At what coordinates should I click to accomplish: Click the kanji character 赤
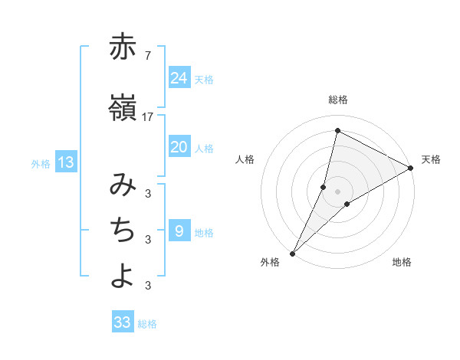tap(123, 47)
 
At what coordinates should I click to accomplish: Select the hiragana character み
tap(123, 185)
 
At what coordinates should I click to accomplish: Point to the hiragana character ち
tap(123, 230)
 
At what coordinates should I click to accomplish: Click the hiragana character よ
tap(123, 276)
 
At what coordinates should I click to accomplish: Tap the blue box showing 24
tap(179, 78)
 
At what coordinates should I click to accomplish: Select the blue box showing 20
tap(179, 147)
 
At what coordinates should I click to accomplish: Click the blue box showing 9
tap(179, 231)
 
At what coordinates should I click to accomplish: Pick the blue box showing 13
tap(65, 162)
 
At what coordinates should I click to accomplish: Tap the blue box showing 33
tap(122, 322)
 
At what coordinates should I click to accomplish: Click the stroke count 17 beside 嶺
tap(148, 117)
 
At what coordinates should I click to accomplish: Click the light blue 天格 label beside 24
tap(204, 80)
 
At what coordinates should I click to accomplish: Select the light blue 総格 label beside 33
tap(147, 324)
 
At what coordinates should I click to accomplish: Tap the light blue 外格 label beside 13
tap(41, 163)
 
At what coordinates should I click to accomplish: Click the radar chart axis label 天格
tap(431, 159)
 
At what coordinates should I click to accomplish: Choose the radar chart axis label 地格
tap(402, 262)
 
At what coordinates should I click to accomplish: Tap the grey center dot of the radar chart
tap(337, 191)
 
